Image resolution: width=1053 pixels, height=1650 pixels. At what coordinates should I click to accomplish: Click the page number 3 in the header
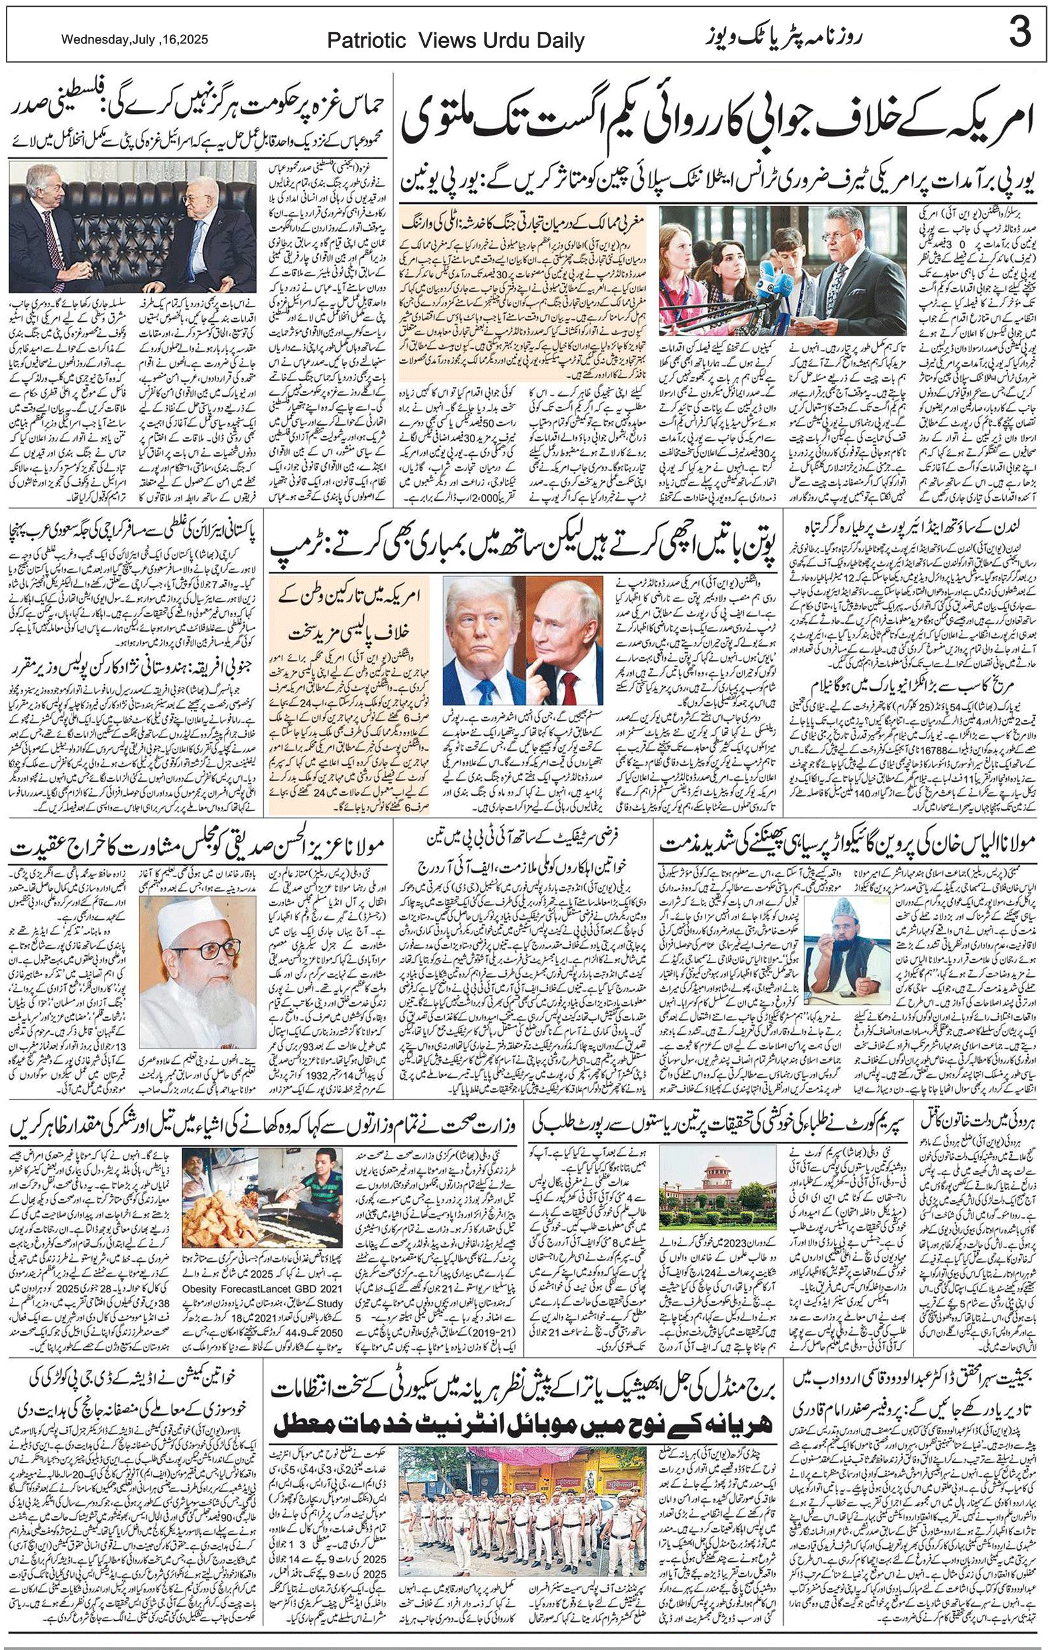point(1020,34)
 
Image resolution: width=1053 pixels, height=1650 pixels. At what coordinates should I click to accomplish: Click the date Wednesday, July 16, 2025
point(134,40)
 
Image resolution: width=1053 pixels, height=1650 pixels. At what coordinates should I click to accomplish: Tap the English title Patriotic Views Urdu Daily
point(455,41)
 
